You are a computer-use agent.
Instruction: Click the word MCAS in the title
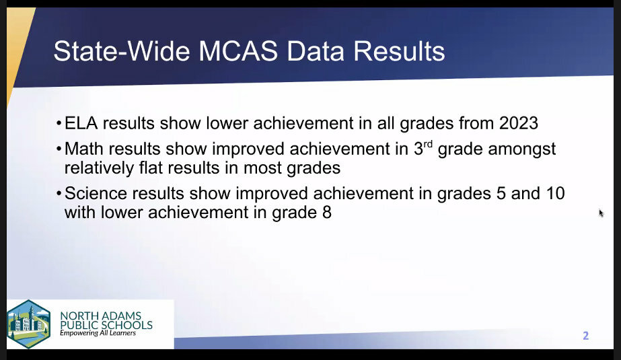[238, 51]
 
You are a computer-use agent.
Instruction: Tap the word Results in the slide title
[399, 51]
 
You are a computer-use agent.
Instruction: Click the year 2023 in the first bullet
[519, 123]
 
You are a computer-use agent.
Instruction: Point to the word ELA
[81, 123]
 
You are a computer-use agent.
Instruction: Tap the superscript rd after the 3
[428, 144]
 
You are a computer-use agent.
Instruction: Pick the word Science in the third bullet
[96, 193]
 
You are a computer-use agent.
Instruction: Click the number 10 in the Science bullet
[555, 193]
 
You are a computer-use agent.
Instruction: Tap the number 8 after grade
[327, 212]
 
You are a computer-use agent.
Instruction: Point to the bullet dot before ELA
[59, 124]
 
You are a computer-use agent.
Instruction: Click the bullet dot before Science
[59, 194]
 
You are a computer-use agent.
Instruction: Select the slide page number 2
[586, 336]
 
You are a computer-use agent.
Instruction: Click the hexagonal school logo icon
[28, 324]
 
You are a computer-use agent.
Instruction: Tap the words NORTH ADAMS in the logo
[101, 316]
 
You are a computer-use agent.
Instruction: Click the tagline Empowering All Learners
[98, 333]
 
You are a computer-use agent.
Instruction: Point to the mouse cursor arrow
[601, 213]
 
